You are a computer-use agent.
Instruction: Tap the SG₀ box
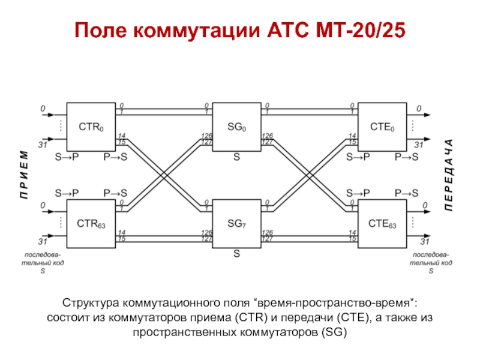click(x=236, y=127)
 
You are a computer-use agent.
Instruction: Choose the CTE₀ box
click(x=382, y=127)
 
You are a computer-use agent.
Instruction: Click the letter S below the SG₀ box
click(x=236, y=157)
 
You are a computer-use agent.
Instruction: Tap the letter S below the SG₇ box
click(x=236, y=254)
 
